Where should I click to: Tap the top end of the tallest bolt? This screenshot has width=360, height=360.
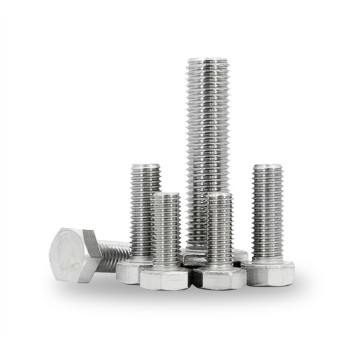(207, 62)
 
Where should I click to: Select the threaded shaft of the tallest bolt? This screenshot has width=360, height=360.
(207, 150)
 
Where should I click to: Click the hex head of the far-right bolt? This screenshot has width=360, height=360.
(270, 272)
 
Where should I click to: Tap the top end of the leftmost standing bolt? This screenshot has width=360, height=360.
(145, 167)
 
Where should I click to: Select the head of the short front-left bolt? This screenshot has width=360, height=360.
(164, 277)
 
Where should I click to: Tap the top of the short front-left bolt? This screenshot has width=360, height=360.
(166, 196)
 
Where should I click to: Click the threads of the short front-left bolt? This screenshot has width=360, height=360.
(166, 232)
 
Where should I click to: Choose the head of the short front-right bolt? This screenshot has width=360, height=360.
(219, 277)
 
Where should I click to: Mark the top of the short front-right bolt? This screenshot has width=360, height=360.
(219, 196)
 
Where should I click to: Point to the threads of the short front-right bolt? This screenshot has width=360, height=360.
(219, 232)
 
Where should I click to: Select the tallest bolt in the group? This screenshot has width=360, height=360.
(207, 140)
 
